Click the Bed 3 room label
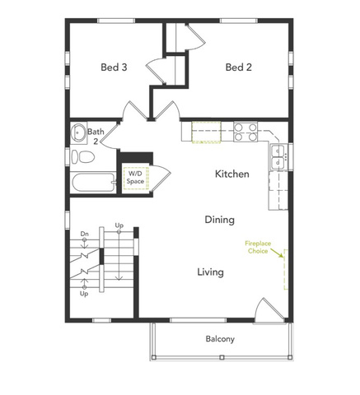pos(114,67)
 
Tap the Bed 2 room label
pos(239,67)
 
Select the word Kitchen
pos(232,174)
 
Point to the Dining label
pos(220,220)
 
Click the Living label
pos(210,272)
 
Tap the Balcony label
pos(220,339)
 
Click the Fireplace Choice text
pos(258,247)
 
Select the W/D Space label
pos(135,178)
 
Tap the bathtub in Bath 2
pos(94,182)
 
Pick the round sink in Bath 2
pos(78,132)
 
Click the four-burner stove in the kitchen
pos(245,132)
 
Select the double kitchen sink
pos(278,156)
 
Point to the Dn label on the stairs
pos(85,234)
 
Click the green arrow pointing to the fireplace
pos(277,253)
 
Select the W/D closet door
pos(161,178)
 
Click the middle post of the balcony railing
pos(222,357)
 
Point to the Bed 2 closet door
pos(195,37)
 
